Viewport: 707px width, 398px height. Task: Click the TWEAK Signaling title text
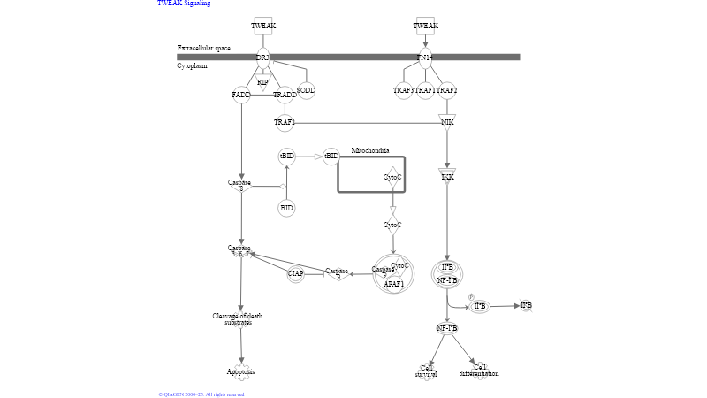tap(184, 4)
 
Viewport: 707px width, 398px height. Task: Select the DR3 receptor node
tap(262, 57)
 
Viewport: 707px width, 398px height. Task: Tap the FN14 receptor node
tap(425, 57)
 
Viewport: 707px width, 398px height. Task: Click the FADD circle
tap(241, 95)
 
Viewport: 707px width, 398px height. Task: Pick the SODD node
tap(306, 90)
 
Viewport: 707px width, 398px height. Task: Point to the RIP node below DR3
tap(262, 83)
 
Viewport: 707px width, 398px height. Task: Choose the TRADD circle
tap(285, 95)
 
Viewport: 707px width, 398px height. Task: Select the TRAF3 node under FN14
tap(403, 90)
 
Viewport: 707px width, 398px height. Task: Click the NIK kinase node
tap(447, 122)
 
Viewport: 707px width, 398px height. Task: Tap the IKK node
tap(447, 176)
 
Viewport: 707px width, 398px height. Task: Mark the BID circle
tap(286, 209)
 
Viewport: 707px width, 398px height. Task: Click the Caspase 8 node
tap(239, 185)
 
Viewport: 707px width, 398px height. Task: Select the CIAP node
tap(295, 273)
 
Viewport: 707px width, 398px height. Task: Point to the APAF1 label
tap(393, 284)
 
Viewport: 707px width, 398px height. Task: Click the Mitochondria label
tap(370, 151)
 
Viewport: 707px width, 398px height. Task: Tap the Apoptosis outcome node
tap(240, 371)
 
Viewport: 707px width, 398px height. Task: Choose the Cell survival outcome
tap(426, 371)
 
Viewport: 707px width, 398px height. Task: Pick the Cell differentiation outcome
tap(479, 371)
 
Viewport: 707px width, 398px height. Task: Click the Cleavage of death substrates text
tap(237, 318)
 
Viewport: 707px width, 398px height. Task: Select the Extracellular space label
tap(203, 48)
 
